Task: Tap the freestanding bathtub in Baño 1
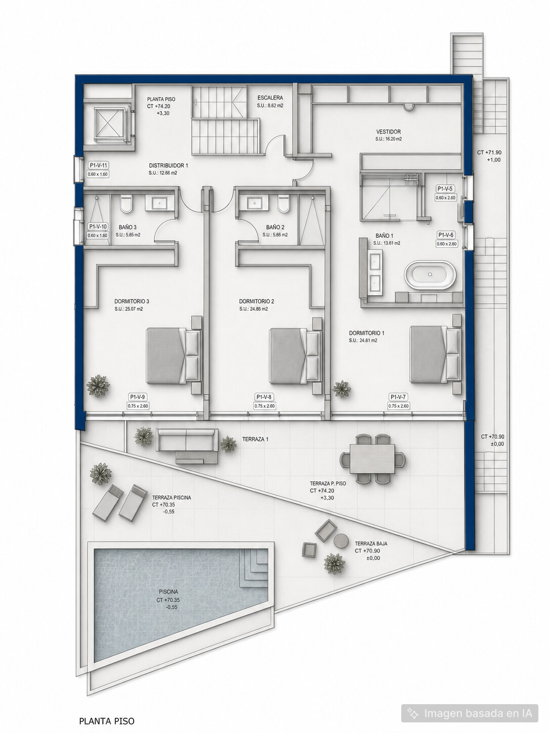click(430, 274)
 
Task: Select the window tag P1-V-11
click(98, 165)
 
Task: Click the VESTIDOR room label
click(388, 132)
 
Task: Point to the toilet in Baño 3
click(127, 205)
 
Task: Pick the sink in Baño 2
click(255, 203)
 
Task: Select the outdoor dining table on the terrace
click(372, 459)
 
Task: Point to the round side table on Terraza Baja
click(341, 540)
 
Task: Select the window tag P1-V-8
click(264, 397)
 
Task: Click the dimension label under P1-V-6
click(446, 244)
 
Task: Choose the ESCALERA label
click(270, 98)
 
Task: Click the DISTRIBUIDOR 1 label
click(168, 165)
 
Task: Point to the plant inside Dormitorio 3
click(98, 386)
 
